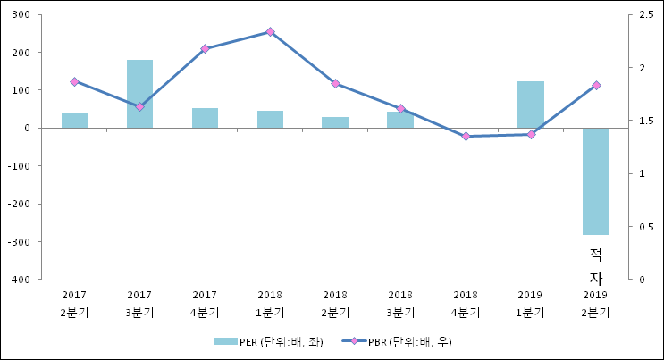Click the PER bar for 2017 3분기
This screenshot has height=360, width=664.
tap(139, 94)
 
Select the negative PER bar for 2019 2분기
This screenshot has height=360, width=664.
tap(596, 180)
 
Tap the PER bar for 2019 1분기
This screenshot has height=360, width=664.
tap(531, 105)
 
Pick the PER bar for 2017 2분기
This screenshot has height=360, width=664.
tap(74, 120)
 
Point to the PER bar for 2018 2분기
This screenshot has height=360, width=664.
tap(335, 122)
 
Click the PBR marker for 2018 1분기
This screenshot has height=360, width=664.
tap(270, 31)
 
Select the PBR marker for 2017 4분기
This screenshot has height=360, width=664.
tap(205, 48)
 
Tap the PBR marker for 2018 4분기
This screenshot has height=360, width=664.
tap(466, 137)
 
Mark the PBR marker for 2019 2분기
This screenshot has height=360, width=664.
tap(596, 85)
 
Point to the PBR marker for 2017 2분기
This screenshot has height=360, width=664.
tap(74, 81)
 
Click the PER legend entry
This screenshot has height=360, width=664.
tap(268, 341)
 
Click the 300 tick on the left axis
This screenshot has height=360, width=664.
tap(20, 15)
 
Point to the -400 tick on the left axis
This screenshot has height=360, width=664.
tap(18, 280)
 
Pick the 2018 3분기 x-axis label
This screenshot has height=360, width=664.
tap(400, 304)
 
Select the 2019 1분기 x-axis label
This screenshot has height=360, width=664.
tap(531, 304)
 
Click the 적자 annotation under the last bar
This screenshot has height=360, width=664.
tap(596, 266)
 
